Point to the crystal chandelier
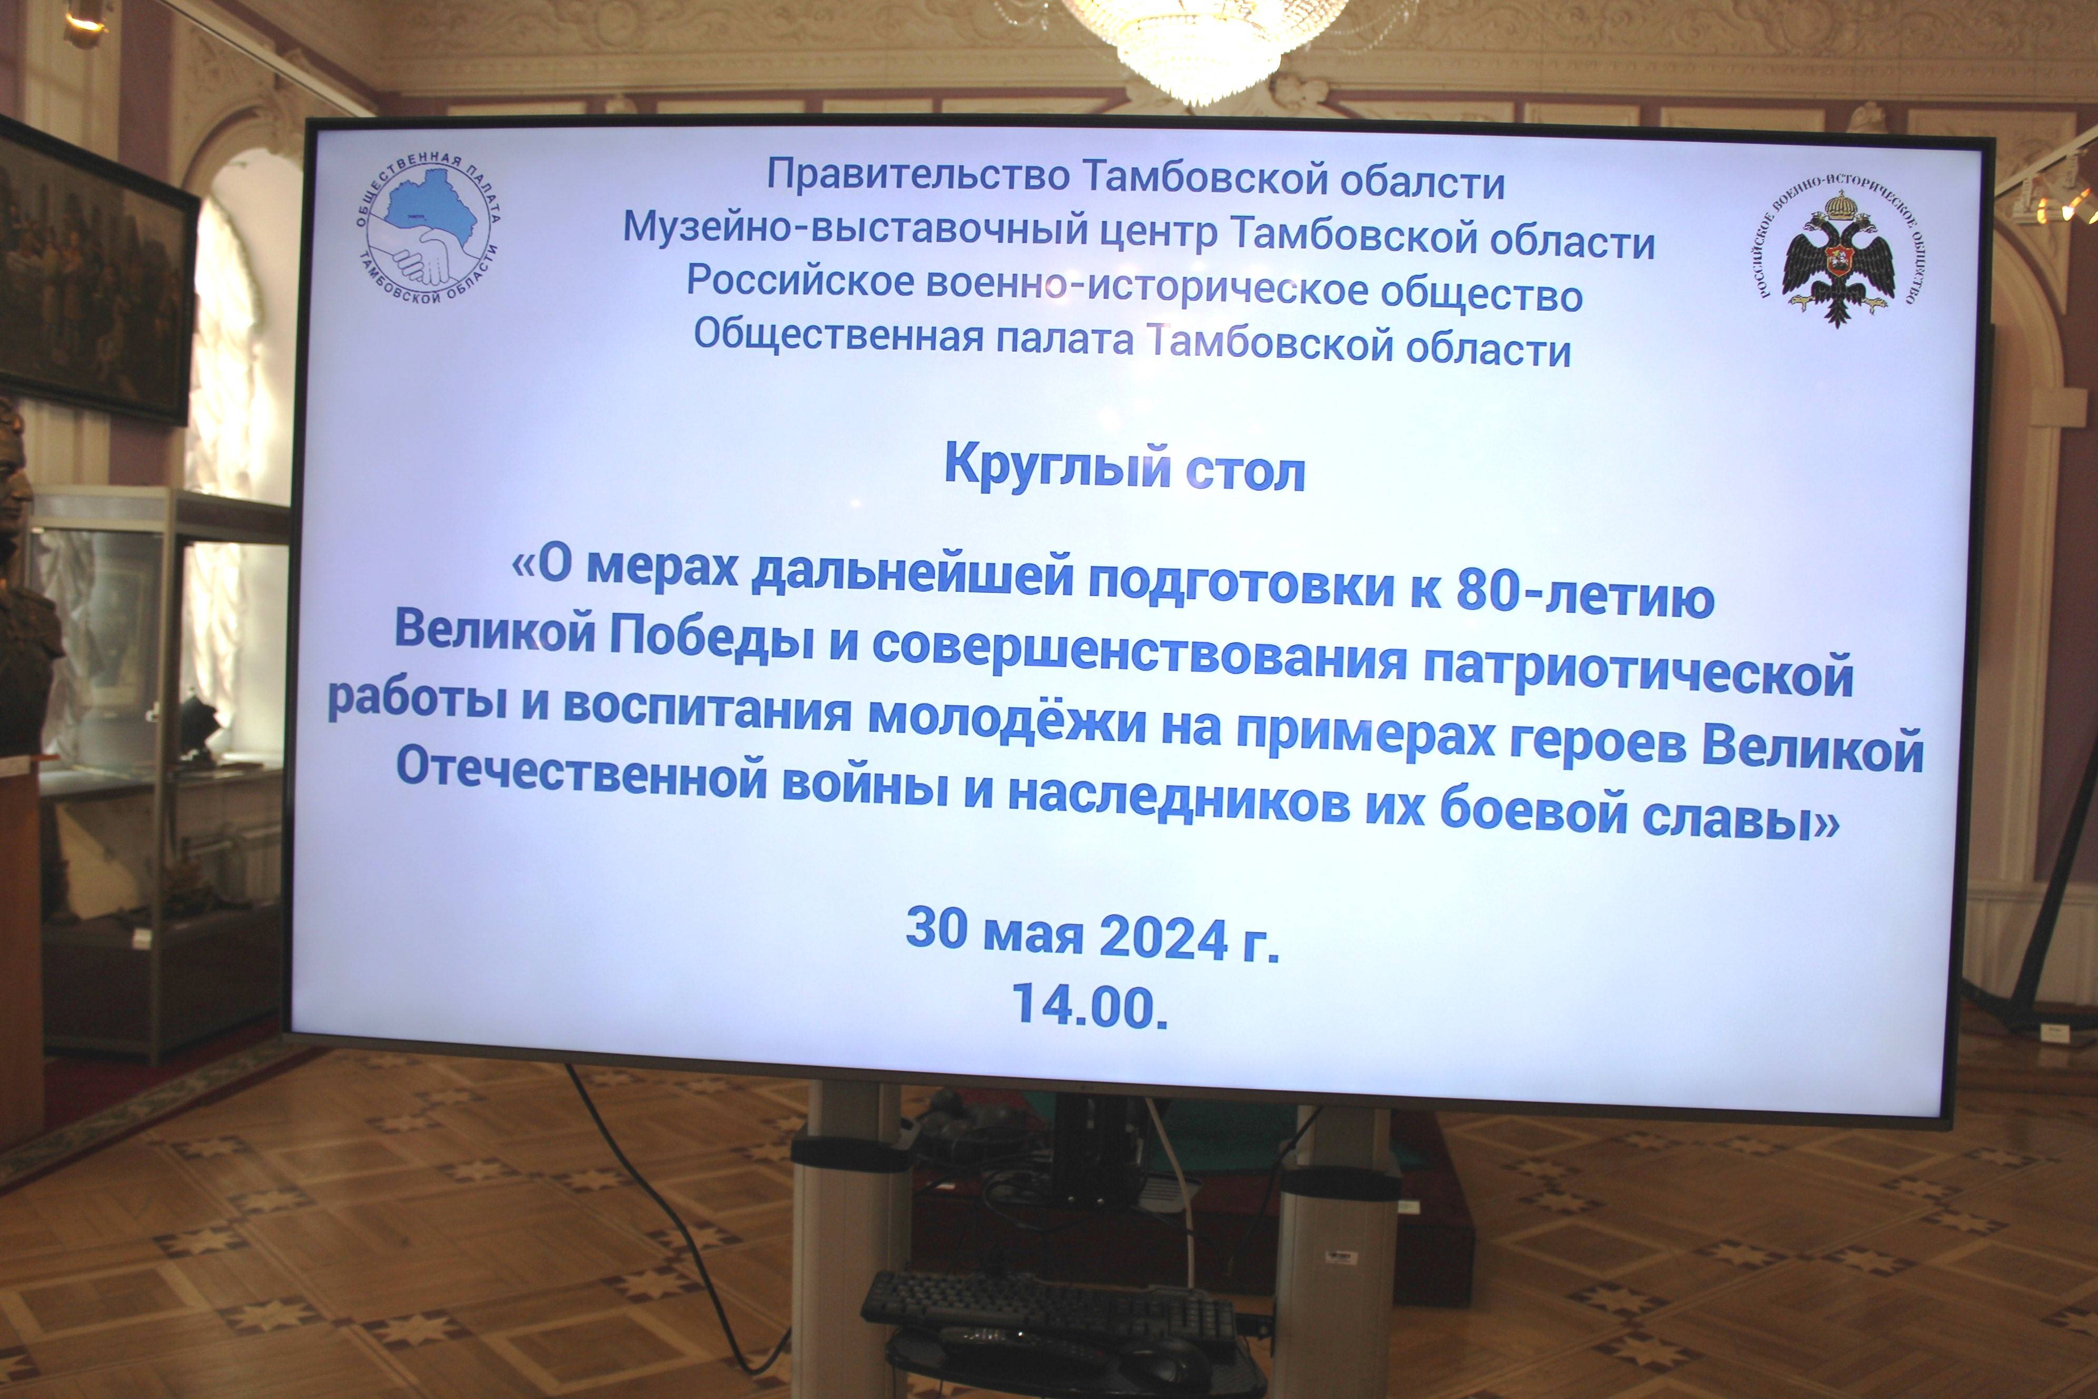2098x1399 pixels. (1205, 40)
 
